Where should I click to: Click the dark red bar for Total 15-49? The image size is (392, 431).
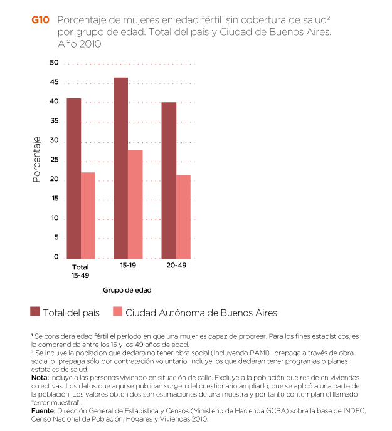(x=74, y=179)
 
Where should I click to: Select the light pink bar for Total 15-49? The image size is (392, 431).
(x=88, y=215)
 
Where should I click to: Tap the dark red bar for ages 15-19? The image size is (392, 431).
(x=121, y=168)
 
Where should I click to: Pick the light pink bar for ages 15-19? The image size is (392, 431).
(x=135, y=204)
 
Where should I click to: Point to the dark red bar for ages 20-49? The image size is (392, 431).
(x=169, y=180)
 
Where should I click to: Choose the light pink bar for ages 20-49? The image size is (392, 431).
(x=183, y=217)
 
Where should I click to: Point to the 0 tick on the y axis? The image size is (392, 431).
(x=56, y=257)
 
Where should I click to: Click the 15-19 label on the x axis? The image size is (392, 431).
(x=128, y=266)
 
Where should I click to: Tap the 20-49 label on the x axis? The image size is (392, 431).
(x=176, y=266)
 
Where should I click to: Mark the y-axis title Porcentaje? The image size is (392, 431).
(x=36, y=160)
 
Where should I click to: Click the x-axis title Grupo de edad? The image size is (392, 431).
(x=127, y=290)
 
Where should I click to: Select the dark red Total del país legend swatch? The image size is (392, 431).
(x=35, y=312)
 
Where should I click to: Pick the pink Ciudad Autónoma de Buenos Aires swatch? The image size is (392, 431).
(x=117, y=312)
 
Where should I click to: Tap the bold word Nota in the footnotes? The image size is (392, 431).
(x=42, y=378)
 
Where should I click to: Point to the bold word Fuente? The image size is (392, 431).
(x=44, y=410)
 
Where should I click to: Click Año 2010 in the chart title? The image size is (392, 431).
(x=79, y=44)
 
